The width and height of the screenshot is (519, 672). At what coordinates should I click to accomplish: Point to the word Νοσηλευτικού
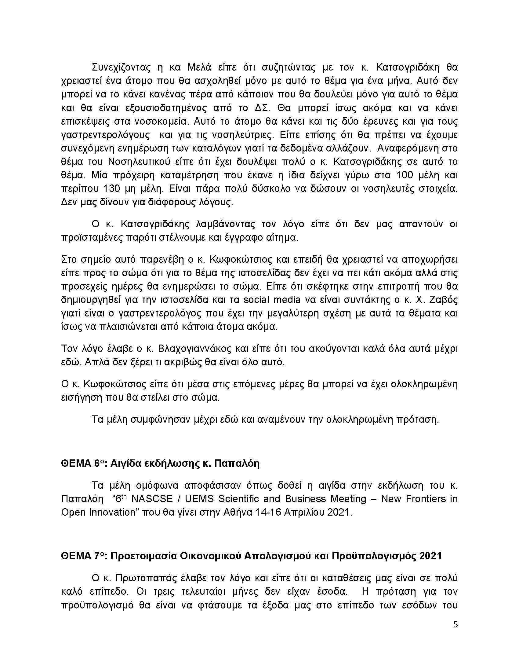[x=142, y=162]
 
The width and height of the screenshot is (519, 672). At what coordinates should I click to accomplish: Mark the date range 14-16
[x=268, y=512]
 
